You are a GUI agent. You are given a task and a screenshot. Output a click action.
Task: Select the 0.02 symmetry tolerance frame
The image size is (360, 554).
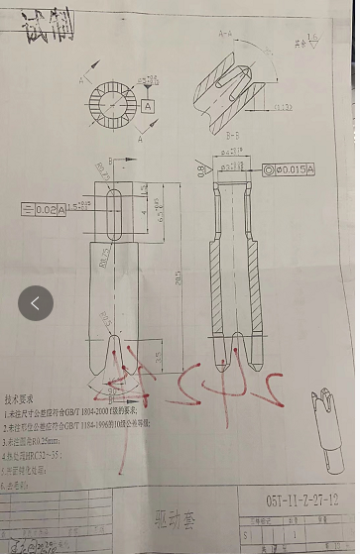pyautogui.click(x=43, y=209)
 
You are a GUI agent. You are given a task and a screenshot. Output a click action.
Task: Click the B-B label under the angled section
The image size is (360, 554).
pyautogui.click(x=233, y=134)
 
